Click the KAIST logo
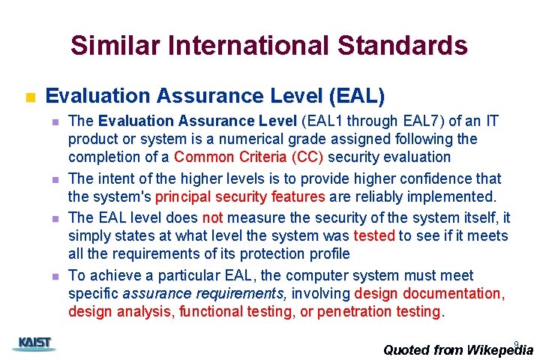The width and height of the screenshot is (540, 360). (33, 344)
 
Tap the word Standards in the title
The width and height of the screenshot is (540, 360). (403, 46)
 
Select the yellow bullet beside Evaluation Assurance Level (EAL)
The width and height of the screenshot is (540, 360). (30, 97)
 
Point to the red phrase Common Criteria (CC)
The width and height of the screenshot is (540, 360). (249, 157)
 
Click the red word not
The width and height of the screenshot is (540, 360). (213, 217)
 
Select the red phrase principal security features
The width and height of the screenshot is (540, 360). (240, 196)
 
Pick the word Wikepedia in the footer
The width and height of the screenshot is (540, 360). (499, 349)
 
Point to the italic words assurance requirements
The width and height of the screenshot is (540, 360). (204, 293)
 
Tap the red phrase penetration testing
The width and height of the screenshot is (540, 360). (379, 311)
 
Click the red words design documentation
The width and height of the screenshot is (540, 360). (429, 293)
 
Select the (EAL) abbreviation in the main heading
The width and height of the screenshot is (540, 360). (356, 96)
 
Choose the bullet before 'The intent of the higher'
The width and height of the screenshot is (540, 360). (55, 180)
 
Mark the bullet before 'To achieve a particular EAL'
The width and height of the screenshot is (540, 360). (55, 277)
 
